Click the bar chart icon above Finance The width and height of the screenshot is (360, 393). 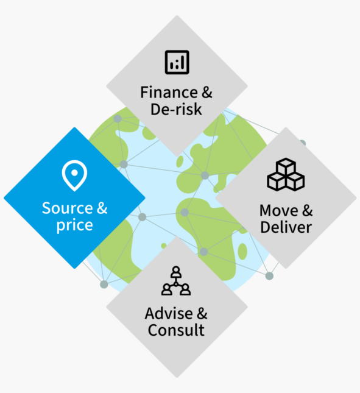[x=177, y=62]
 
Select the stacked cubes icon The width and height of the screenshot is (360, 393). [x=286, y=174]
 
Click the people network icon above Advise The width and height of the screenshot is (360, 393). [x=176, y=281]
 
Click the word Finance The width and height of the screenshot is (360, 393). [x=169, y=93]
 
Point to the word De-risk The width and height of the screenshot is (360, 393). [x=176, y=109]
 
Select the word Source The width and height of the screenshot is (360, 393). [x=68, y=208]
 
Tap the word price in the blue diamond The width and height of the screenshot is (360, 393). [x=75, y=225]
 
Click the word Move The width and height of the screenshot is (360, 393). [x=279, y=210]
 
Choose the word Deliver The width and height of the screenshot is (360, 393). [x=286, y=227]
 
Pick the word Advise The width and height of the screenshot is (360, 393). [x=169, y=313]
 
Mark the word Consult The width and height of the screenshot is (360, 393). [x=176, y=330]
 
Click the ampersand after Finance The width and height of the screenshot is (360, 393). [x=207, y=93]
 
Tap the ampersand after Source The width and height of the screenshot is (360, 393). [x=102, y=208]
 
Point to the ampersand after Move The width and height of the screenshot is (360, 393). [x=308, y=210]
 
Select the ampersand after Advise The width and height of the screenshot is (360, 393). [x=202, y=313]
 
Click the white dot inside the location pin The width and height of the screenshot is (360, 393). [x=74, y=172]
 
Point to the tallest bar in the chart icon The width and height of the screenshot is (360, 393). [x=183, y=62]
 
